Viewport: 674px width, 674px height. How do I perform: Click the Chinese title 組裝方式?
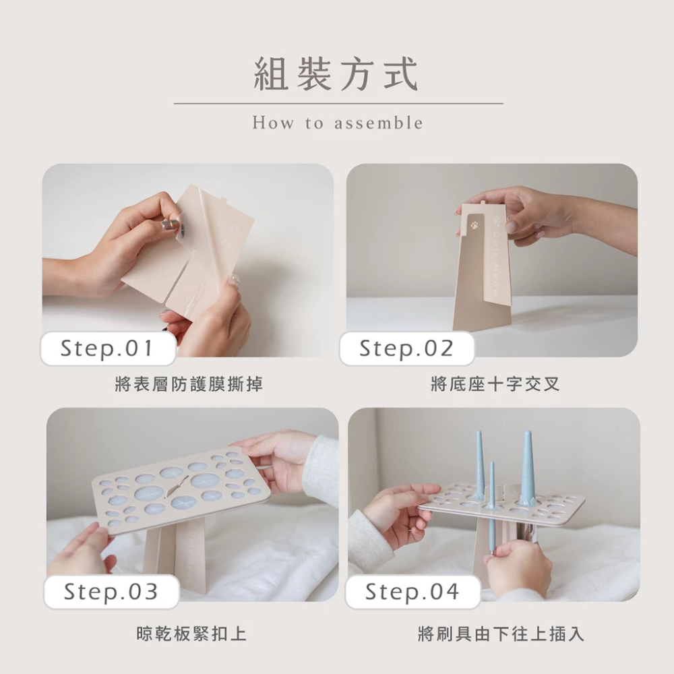[x=336, y=74]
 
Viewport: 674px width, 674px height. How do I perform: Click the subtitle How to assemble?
[x=338, y=123]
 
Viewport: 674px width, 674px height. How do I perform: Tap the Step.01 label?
[x=107, y=348]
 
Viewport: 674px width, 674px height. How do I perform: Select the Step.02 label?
[x=406, y=348]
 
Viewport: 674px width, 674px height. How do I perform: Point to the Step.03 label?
[x=111, y=592]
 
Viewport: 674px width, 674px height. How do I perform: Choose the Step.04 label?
[x=412, y=592]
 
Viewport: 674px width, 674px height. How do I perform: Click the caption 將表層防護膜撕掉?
[x=189, y=385]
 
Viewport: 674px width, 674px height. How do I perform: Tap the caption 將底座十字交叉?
[x=495, y=385]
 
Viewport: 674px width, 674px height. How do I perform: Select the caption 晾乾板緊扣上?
[x=191, y=634]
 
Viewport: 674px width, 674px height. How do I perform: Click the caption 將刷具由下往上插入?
[x=501, y=634]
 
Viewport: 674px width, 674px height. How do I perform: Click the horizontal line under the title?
[x=338, y=104]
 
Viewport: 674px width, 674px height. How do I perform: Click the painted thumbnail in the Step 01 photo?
[x=173, y=223]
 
